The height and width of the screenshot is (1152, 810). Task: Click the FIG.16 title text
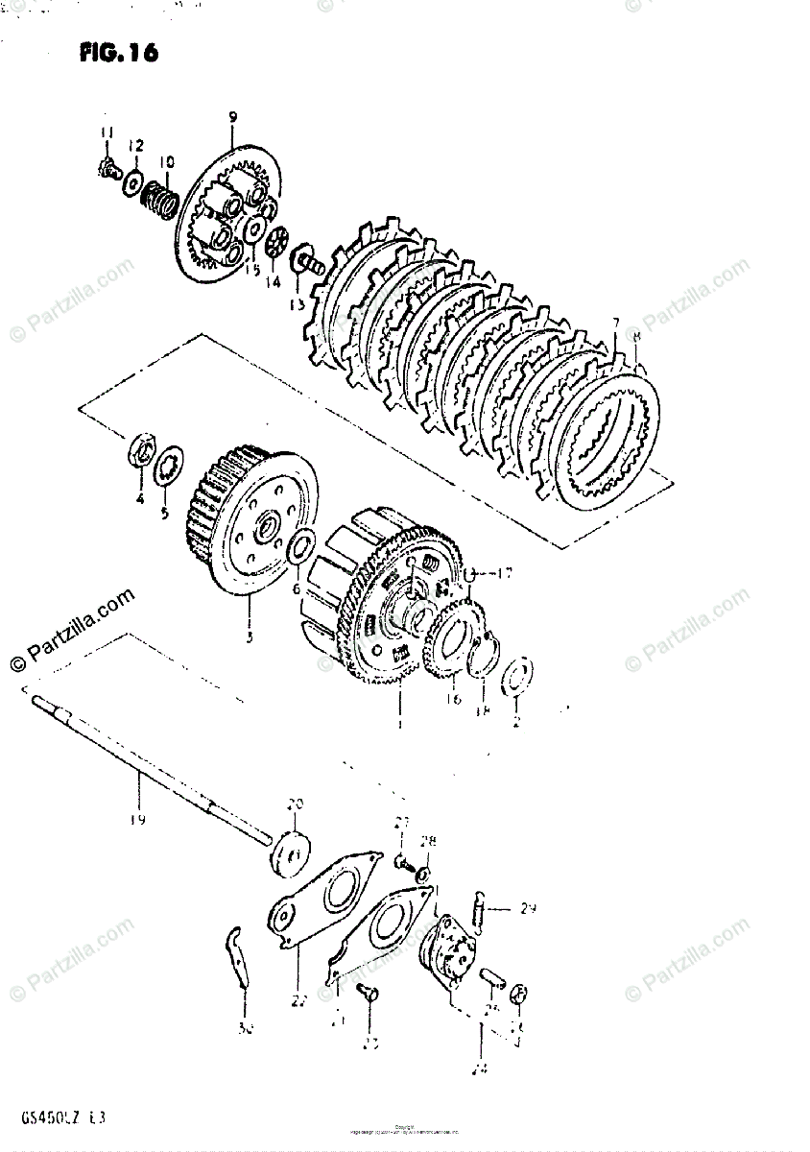[x=119, y=53]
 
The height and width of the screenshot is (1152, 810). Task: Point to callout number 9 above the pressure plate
[x=231, y=118]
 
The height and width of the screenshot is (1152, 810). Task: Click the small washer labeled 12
[x=133, y=181]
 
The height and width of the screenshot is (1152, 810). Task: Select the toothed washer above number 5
[x=166, y=462]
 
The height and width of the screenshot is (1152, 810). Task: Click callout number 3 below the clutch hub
[x=248, y=636]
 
